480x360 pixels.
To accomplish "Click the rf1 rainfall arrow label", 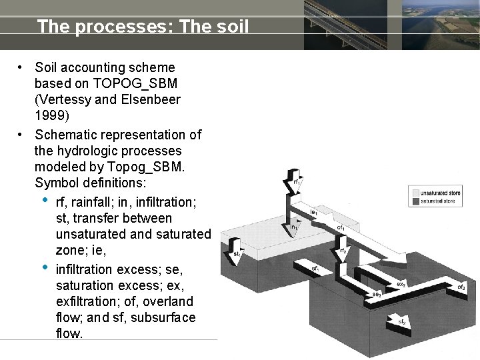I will pos(297,181).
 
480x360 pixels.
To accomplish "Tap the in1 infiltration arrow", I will pos(294,227).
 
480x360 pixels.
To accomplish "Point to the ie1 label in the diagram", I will pos(314,213).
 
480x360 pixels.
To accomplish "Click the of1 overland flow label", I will pos(340,227).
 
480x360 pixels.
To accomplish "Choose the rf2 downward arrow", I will pos(343,252).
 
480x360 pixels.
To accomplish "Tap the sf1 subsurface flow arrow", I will pos(314,268).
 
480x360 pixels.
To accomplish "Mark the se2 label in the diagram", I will pos(377,294).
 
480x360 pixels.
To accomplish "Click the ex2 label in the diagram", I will pos(401,284).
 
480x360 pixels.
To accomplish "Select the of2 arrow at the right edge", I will pos(461,287).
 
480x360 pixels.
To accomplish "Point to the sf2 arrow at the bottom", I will pos(402,322).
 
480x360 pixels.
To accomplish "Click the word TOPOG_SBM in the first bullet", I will pos(135,83).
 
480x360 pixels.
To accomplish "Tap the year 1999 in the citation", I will pos(49,115).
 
